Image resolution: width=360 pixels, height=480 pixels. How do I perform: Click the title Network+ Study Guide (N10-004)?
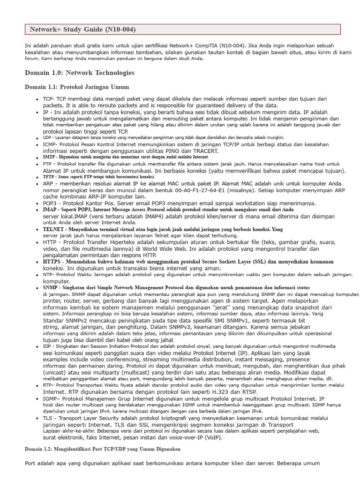tap(82, 30)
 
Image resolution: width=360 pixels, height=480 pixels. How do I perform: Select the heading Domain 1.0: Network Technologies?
tap(79, 73)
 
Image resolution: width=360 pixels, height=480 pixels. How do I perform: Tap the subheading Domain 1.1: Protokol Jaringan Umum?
tap(77, 87)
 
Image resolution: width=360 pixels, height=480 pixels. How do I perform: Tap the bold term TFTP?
tap(49, 177)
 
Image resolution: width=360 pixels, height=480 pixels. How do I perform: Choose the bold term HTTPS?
tap(52, 262)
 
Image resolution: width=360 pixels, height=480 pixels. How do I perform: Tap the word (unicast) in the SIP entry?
tap(57, 378)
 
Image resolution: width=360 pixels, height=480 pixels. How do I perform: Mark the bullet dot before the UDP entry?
tap(37, 138)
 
